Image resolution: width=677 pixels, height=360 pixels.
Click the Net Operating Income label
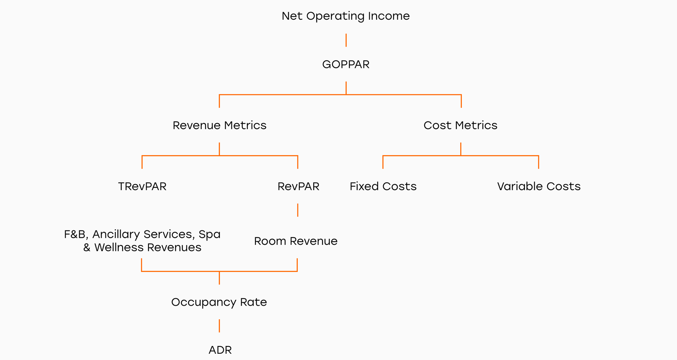pyautogui.click(x=345, y=16)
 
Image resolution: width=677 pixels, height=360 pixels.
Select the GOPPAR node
pyautogui.click(x=346, y=64)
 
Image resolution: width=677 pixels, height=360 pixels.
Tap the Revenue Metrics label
pyautogui.click(x=219, y=125)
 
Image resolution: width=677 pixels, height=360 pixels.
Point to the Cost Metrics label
pyautogui.click(x=460, y=125)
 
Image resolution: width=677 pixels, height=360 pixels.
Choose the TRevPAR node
pyautogui.click(x=142, y=187)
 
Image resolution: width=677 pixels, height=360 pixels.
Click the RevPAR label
pyautogui.click(x=299, y=187)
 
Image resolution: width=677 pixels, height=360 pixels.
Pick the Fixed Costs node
pyautogui.click(x=383, y=187)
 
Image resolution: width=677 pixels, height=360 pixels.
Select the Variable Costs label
pyautogui.click(x=539, y=187)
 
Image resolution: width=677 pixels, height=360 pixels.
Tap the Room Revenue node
pyautogui.click(x=296, y=241)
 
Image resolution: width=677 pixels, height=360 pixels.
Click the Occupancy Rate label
pyautogui.click(x=219, y=303)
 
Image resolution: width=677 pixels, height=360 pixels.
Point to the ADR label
pyautogui.click(x=220, y=350)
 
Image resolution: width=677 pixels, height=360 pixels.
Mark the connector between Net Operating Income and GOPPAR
pyautogui.click(x=346, y=40)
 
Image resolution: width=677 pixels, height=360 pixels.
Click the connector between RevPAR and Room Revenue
pyautogui.click(x=297, y=210)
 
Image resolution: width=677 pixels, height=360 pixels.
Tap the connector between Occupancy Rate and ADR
pyautogui.click(x=219, y=326)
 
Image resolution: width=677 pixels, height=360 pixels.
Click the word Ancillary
pyautogui.click(x=116, y=235)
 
